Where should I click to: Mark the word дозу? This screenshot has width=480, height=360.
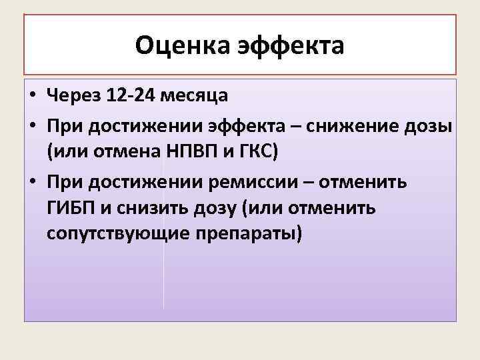point(218,209)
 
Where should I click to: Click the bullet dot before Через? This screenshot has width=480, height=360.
point(33,96)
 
